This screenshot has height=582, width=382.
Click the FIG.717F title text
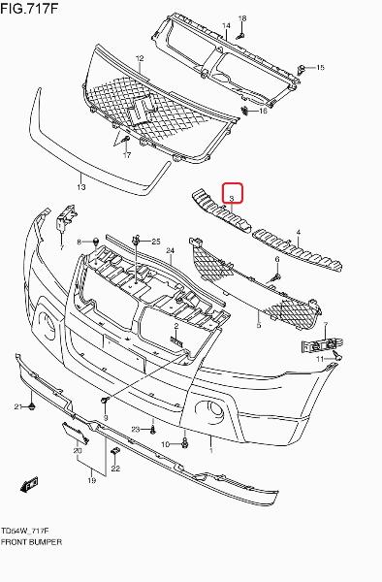[x=29, y=8]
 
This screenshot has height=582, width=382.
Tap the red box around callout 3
[x=232, y=193]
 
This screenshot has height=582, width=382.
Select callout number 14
[x=226, y=25]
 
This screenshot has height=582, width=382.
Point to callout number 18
[x=242, y=18]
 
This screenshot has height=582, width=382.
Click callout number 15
[x=320, y=67]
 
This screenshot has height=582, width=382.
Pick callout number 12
[x=140, y=58]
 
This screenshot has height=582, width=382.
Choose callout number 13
[x=81, y=186]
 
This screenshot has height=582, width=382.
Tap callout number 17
[x=127, y=155]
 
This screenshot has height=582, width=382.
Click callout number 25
[x=156, y=242]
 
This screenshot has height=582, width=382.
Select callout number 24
[x=171, y=250]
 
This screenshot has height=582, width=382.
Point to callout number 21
[x=19, y=406]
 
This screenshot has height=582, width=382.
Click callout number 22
[x=115, y=469]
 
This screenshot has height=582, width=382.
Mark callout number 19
[x=91, y=480]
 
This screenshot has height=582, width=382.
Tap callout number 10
[x=166, y=444]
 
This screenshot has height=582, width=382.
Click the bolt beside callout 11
[x=337, y=357]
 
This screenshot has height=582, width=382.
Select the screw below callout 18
[x=240, y=36]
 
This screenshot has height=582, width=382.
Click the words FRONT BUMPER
[x=31, y=542]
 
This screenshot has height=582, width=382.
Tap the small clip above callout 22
[x=115, y=451]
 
